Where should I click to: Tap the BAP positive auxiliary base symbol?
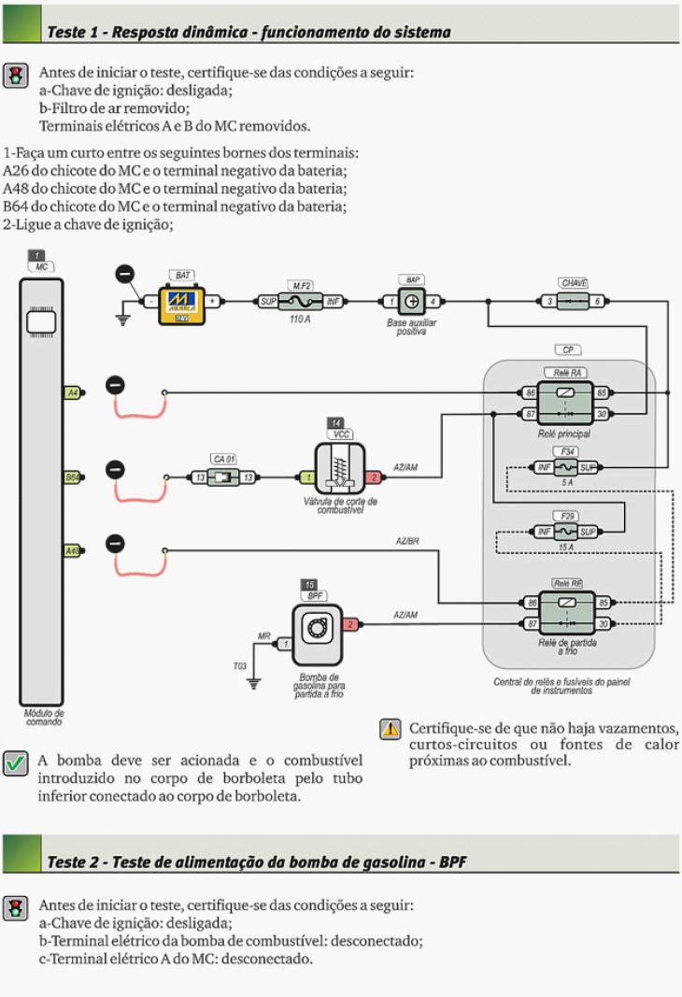[x=411, y=302]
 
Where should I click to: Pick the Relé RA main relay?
[x=564, y=403]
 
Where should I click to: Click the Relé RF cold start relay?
[x=564, y=613]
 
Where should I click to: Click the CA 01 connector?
[x=223, y=477]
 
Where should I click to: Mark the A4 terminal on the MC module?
[x=72, y=393]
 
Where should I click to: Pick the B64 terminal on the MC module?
[x=72, y=477]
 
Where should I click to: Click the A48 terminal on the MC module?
[x=72, y=551]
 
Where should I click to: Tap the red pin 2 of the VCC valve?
[x=374, y=477]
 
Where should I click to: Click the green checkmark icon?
[x=15, y=763]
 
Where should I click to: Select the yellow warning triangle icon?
[x=389, y=730]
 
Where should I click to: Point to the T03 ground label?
[x=240, y=665]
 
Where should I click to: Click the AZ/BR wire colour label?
[x=406, y=542]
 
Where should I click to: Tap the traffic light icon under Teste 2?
[x=15, y=908]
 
